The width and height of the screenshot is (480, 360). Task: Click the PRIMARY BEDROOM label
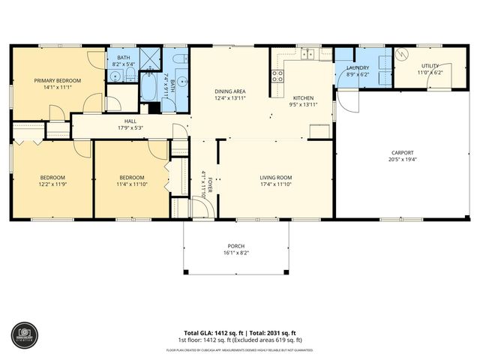[x=57, y=80]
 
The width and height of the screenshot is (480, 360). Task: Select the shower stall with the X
[x=150, y=58]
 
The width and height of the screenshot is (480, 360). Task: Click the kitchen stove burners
[x=277, y=74]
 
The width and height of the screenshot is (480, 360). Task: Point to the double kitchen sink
[x=307, y=55]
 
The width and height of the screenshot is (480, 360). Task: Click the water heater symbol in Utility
[x=400, y=55]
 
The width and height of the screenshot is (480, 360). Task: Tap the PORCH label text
[x=236, y=246]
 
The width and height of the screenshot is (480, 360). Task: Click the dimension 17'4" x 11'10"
[x=275, y=184]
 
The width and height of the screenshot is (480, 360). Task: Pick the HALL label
[x=130, y=121]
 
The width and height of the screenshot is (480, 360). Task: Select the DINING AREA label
[x=230, y=91]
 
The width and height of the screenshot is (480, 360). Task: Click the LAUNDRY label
[x=358, y=67]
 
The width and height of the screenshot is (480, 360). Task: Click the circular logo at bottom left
[x=22, y=334]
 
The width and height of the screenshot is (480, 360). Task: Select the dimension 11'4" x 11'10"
[x=131, y=184]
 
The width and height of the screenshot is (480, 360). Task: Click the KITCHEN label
[x=303, y=98]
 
